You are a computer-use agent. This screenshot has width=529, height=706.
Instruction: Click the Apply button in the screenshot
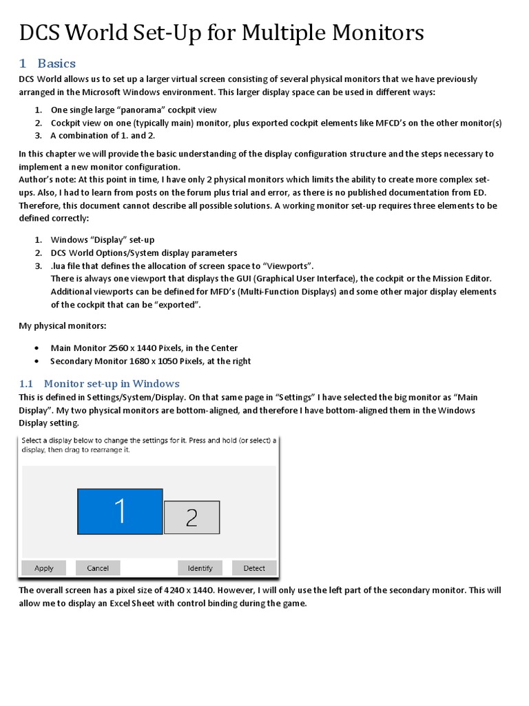point(43,568)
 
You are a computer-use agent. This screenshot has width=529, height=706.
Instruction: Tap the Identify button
point(200,568)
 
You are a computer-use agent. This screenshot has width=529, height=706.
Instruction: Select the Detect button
point(253,568)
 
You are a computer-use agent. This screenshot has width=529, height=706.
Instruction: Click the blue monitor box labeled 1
point(120,512)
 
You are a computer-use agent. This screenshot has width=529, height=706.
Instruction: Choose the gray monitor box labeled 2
point(191,517)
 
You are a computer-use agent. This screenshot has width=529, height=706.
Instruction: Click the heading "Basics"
point(56,63)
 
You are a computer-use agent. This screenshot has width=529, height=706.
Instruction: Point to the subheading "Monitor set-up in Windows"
point(112,383)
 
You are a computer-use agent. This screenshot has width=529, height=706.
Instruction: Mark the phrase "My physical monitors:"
point(57,325)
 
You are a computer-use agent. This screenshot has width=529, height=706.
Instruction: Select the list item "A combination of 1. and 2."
point(103,135)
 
